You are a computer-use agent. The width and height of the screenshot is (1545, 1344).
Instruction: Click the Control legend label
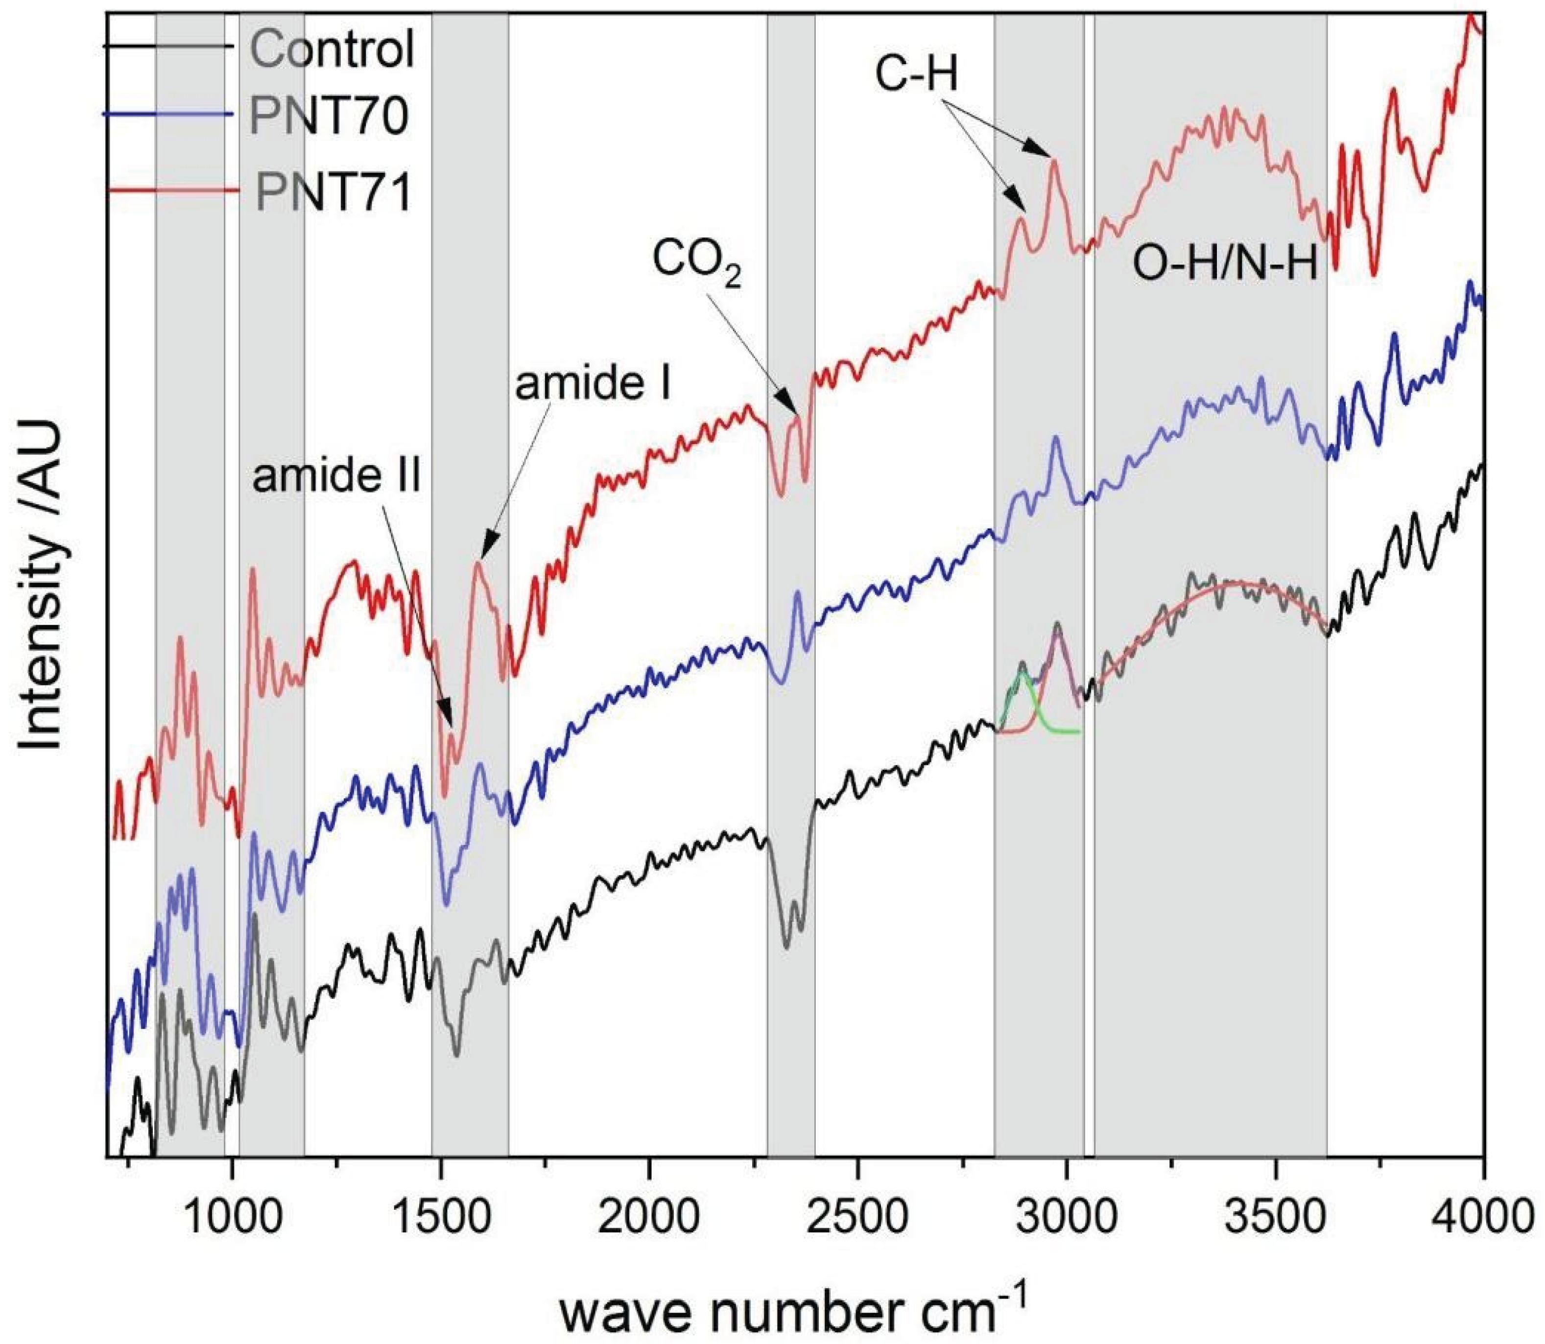pyautogui.click(x=332, y=49)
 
